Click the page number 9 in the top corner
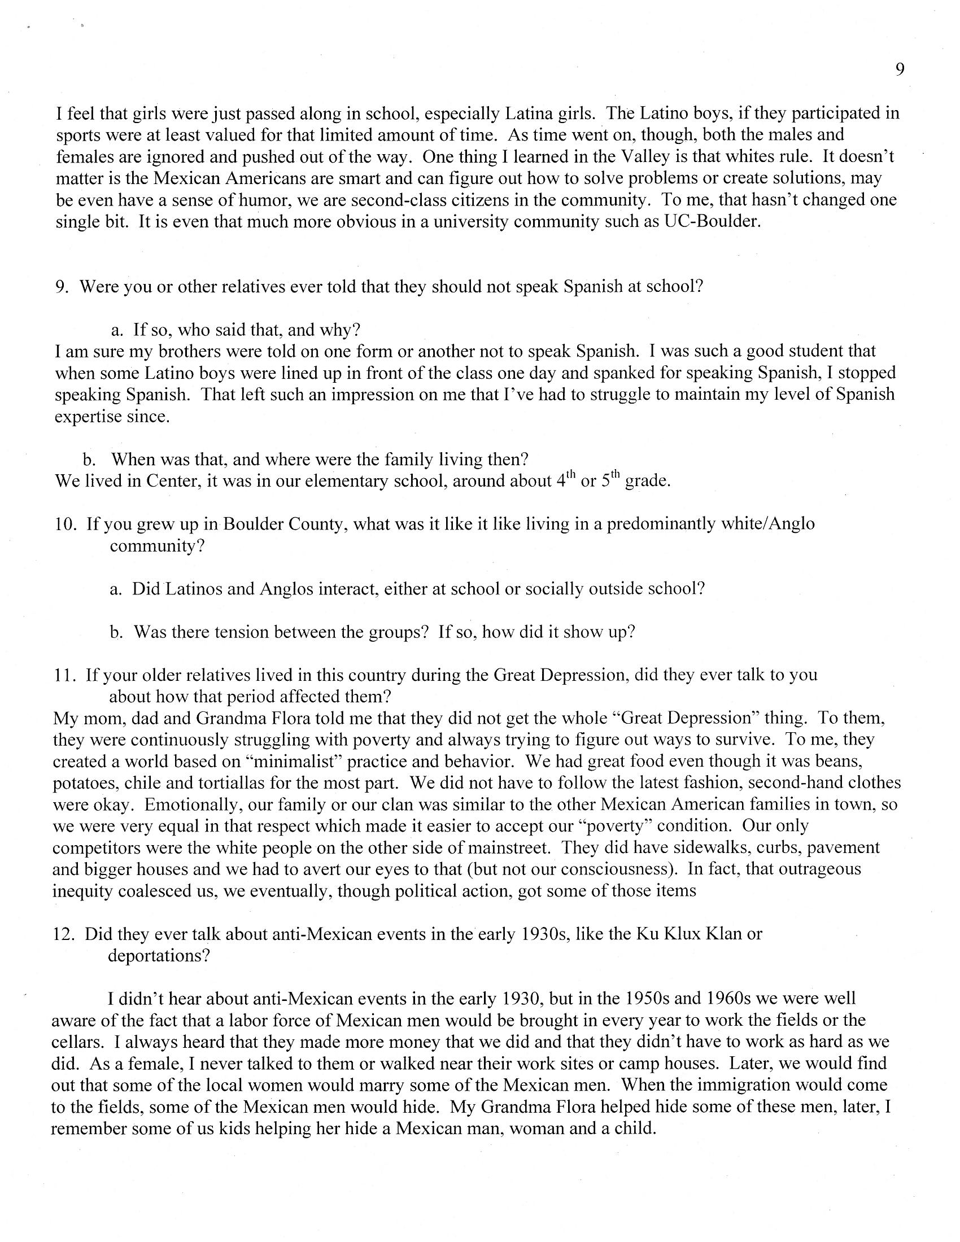(900, 69)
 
